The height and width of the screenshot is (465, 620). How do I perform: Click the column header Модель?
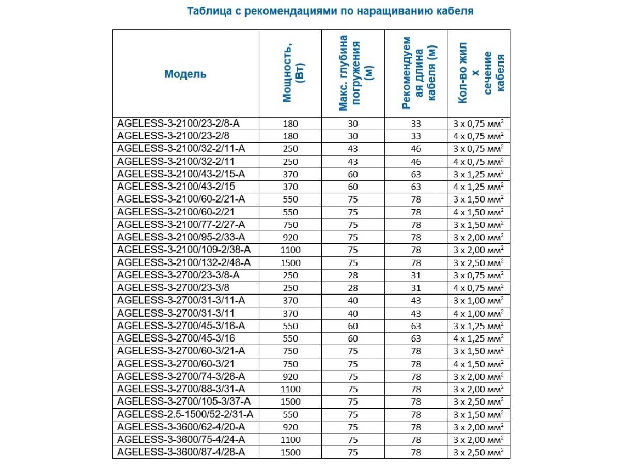tap(185, 74)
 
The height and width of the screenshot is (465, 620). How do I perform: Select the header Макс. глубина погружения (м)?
tap(353, 73)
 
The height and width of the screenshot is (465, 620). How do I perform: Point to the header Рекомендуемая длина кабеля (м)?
tap(416, 73)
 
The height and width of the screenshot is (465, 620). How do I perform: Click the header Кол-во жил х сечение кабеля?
tap(479, 73)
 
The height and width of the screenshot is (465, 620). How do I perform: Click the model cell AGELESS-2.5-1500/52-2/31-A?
tap(185, 414)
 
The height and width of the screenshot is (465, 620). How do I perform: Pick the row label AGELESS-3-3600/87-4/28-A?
tap(181, 452)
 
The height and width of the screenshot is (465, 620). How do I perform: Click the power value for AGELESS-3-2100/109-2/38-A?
tap(291, 250)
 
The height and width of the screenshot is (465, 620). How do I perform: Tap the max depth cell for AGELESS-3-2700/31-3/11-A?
tap(353, 300)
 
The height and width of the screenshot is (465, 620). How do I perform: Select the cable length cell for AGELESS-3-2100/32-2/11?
tap(416, 162)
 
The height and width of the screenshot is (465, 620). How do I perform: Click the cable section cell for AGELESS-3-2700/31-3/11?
tap(478, 313)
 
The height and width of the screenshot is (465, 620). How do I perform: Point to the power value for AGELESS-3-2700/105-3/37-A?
tap(291, 401)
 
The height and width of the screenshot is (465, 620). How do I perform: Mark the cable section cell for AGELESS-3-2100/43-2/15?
tap(478, 187)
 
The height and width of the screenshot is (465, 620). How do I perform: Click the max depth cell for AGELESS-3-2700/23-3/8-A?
tap(353, 275)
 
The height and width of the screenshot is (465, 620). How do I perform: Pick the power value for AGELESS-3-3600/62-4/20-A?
tap(291, 427)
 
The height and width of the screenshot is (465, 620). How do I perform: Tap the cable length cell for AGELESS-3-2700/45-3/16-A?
tap(416, 326)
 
